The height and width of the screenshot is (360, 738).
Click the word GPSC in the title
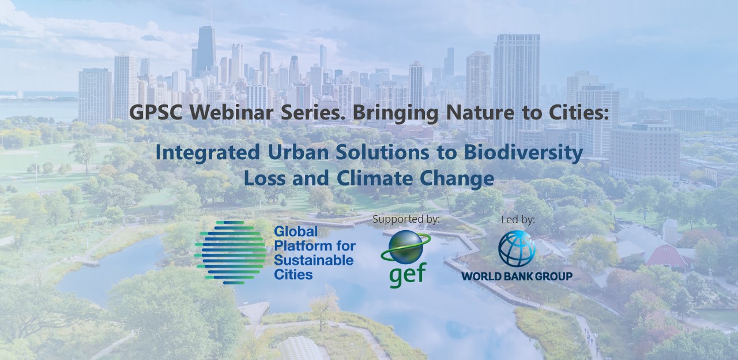pos(156,112)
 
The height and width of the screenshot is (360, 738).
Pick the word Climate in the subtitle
pos(375,178)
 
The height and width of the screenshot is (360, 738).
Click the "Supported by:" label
pos(406,219)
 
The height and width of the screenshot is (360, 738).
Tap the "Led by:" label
pos(518,220)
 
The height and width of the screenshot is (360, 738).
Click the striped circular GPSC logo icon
pos(231,253)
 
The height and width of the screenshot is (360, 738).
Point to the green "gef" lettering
pos(408,275)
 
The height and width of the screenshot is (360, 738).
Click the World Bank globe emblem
pos(517,249)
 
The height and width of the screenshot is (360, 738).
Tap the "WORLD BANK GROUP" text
pos(517,276)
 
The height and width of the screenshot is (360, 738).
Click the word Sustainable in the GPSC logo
pos(314,260)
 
